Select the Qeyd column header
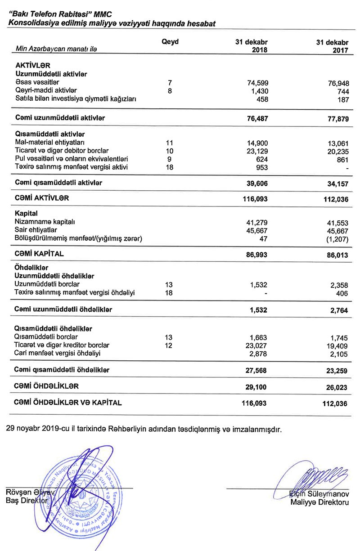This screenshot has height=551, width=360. pos(170,42)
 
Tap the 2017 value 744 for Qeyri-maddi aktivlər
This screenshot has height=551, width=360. pos(342,91)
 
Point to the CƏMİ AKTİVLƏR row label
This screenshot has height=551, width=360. pos(42,198)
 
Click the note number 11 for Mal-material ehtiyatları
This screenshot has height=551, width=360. pos(170,143)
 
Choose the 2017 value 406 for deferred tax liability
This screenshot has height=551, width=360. pos(342,294)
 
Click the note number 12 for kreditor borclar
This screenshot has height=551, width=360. pos(170,345)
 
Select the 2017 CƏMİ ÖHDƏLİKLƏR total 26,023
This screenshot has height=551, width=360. pos(336,387)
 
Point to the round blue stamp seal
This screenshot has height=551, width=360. pos(83,495)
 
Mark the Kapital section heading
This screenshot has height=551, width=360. pos(26,213)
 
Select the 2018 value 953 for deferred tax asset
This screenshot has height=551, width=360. pos(261,167)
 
